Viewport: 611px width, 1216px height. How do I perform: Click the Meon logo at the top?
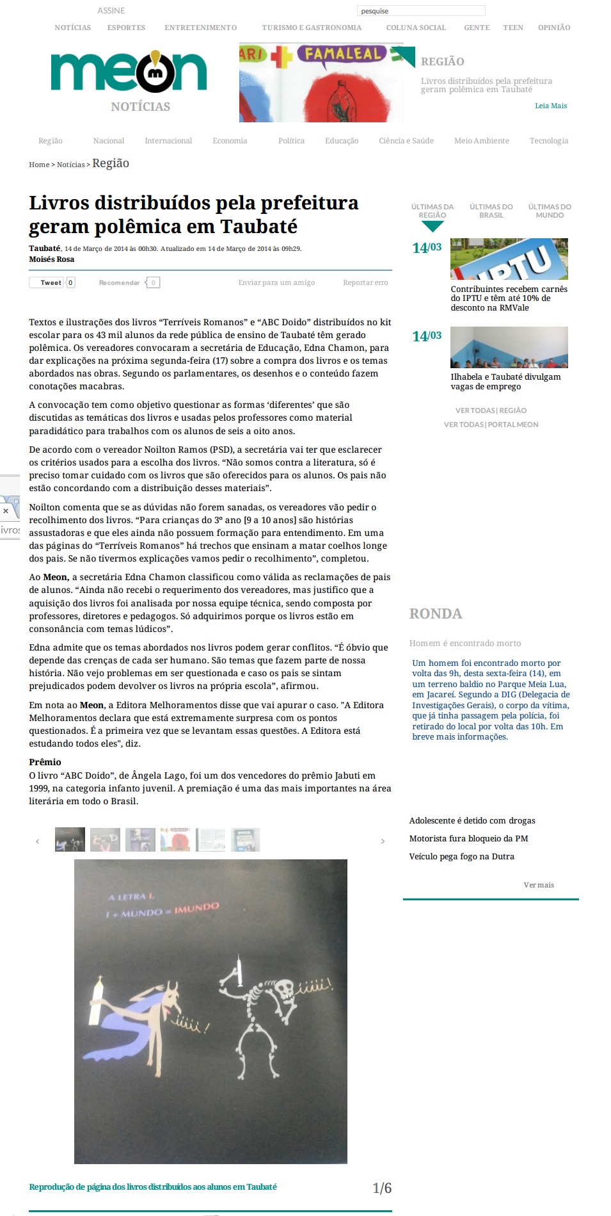pyautogui.click(x=129, y=72)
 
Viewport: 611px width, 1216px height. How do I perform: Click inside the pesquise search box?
pyautogui.click(x=421, y=11)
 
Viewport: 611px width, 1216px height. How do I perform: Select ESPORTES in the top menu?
pyautogui.click(x=126, y=28)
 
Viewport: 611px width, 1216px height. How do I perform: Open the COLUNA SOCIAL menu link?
pyautogui.click(x=416, y=28)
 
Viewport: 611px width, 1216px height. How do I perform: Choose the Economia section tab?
pyautogui.click(x=230, y=141)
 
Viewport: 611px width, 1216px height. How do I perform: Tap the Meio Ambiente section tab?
pyautogui.click(x=481, y=141)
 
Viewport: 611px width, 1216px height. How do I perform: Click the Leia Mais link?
pyautogui.click(x=551, y=106)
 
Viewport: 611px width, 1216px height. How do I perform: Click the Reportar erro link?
pyautogui.click(x=365, y=282)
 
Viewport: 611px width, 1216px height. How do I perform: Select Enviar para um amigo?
pyautogui.click(x=276, y=282)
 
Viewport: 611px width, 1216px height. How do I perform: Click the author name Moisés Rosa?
pyautogui.click(x=52, y=259)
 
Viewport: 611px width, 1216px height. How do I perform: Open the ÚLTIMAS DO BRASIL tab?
pyautogui.click(x=491, y=211)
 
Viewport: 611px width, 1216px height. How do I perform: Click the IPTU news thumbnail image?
pyautogui.click(x=509, y=259)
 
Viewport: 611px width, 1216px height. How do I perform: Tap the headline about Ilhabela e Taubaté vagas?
pyautogui.click(x=505, y=382)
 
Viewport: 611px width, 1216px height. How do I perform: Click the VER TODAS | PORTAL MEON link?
pyautogui.click(x=491, y=425)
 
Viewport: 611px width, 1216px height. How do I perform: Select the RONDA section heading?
pyautogui.click(x=436, y=613)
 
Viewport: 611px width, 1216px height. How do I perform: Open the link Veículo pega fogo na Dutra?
pyautogui.click(x=461, y=856)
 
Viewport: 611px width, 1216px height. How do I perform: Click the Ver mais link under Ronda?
pyautogui.click(x=539, y=885)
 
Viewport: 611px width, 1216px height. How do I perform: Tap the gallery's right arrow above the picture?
pyautogui.click(x=383, y=841)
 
